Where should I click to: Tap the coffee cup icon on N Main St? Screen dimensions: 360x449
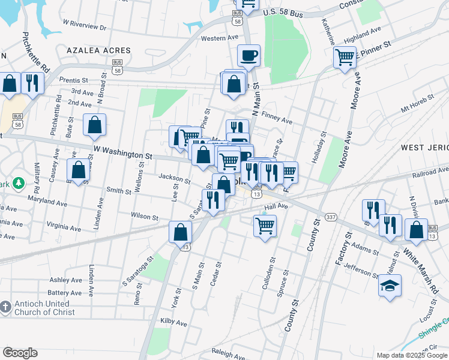click(x=249, y=56)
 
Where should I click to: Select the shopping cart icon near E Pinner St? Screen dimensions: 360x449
click(x=345, y=58)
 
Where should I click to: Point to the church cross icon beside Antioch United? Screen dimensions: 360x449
click(x=5, y=307)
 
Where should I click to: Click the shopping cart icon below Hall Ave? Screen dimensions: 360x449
click(x=265, y=226)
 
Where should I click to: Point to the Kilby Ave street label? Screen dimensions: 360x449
click(x=174, y=323)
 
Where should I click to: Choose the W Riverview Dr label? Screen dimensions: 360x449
click(x=84, y=25)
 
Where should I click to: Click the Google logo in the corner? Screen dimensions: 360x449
click(x=20, y=353)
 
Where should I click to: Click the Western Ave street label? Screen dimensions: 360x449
click(x=220, y=38)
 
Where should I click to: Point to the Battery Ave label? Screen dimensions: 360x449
click(x=65, y=293)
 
